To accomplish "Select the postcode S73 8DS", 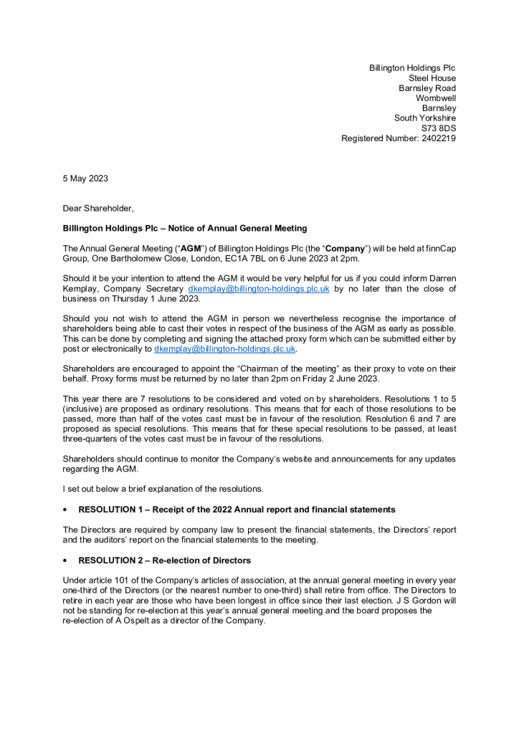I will tap(438, 128).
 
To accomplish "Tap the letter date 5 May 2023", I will tap(85, 178).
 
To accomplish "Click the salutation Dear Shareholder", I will tap(98, 208).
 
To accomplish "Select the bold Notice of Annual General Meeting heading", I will tap(185, 228).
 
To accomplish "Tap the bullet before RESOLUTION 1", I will tap(65, 510).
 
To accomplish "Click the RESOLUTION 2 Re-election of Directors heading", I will tap(164, 560).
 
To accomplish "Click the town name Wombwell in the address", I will tap(436, 98).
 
